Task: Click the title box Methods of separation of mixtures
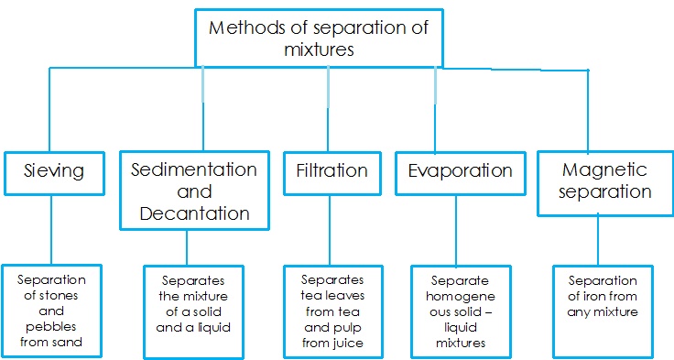click(319, 37)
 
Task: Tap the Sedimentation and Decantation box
click(193, 191)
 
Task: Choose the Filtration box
click(332, 171)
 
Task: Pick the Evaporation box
click(460, 171)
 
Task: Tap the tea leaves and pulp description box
click(332, 311)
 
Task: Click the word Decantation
click(194, 213)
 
